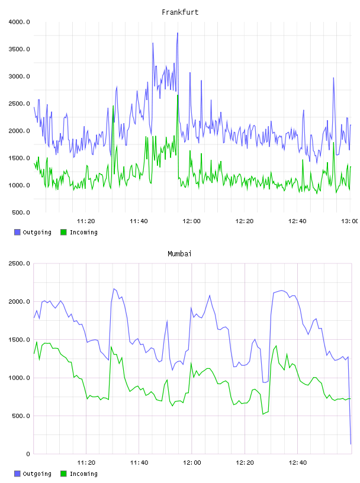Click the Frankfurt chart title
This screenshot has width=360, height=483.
(180, 12)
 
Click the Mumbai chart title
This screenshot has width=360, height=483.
(179, 254)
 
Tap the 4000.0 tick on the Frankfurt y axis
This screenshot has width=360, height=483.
(19, 22)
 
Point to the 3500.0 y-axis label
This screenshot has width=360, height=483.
(19, 49)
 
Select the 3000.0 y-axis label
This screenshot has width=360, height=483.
(19, 76)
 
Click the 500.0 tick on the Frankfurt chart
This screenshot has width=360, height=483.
(21, 212)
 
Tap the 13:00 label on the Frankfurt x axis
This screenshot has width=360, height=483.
(350, 221)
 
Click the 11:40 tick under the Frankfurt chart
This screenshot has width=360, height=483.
(139, 221)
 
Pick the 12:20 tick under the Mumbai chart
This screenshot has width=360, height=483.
(245, 463)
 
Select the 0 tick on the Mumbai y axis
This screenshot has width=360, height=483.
(28, 454)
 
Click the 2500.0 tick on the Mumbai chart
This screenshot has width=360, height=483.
(19, 263)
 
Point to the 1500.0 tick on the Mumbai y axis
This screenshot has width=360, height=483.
(19, 340)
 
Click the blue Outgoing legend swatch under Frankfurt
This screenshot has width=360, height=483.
(17, 232)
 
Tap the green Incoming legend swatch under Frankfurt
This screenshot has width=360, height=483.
(63, 232)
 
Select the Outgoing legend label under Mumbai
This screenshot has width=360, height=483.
(37, 474)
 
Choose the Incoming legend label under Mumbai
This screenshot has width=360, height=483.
(83, 474)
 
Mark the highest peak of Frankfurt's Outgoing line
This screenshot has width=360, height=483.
(178, 33)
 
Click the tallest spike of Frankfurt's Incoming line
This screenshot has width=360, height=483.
(178, 95)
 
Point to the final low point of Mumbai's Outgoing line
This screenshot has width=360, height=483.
(351, 444)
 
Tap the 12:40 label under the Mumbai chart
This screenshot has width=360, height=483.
(298, 463)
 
